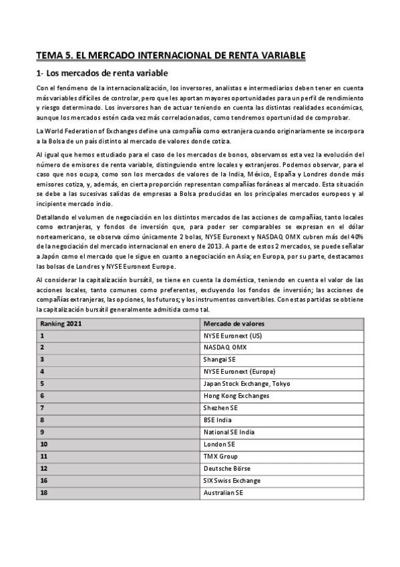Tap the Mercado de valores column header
click(x=233, y=324)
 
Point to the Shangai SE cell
click(x=220, y=360)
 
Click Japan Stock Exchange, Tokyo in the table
click(x=246, y=384)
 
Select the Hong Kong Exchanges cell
click(x=236, y=396)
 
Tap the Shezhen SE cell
click(x=220, y=408)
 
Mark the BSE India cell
click(x=218, y=420)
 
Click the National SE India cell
click(x=229, y=432)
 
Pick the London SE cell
click(x=219, y=444)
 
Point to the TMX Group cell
click(x=220, y=456)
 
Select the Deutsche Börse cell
click(x=226, y=468)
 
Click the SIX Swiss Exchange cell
click(x=232, y=480)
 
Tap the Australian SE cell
click(x=223, y=493)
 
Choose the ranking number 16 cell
click(x=44, y=480)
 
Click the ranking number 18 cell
click(x=44, y=493)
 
